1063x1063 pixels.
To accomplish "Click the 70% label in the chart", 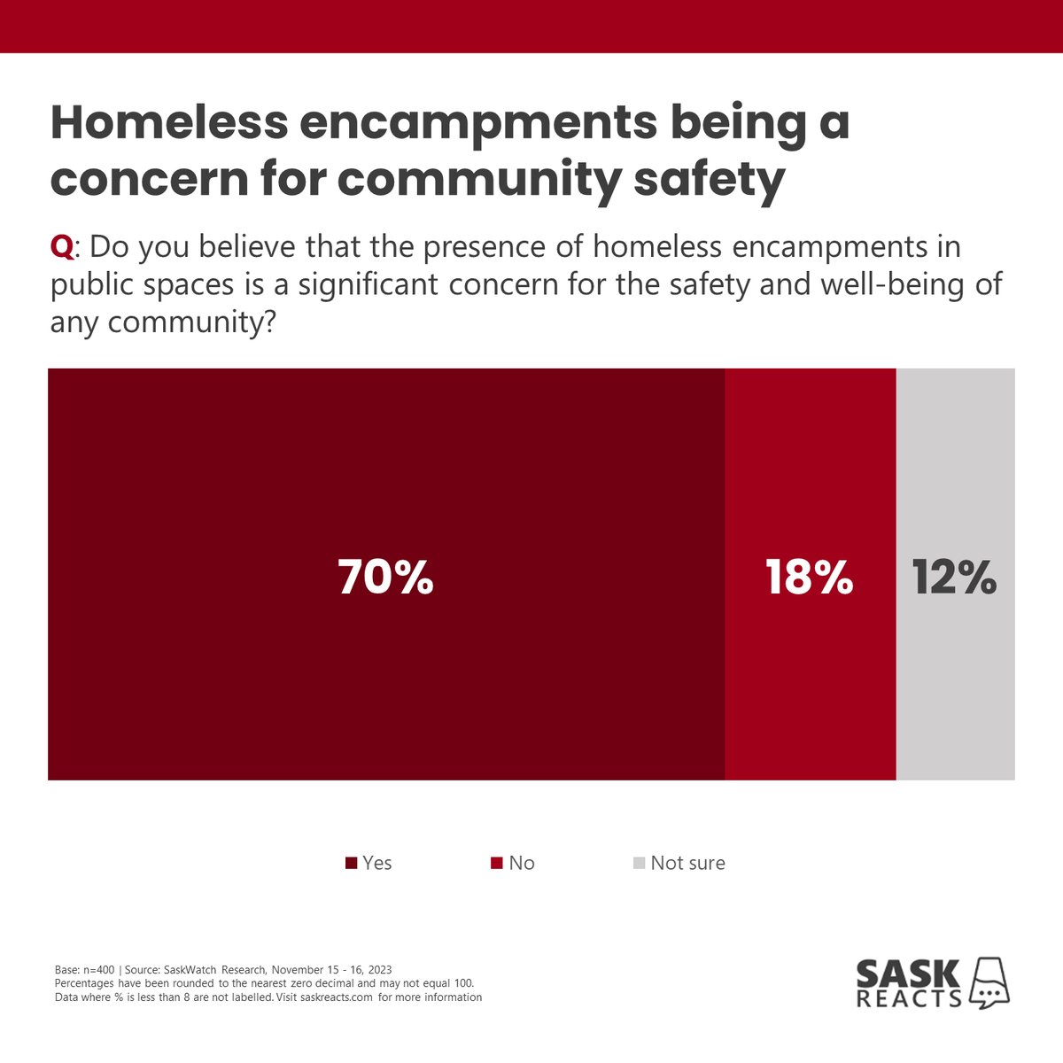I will click(385, 577).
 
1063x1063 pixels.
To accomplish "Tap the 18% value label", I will click(809, 577).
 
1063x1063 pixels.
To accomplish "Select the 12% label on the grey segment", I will click(954, 577).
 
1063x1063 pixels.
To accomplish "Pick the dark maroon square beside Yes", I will click(351, 863).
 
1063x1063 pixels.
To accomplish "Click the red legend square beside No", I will click(497, 863).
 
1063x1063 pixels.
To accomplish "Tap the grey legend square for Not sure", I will click(639, 863).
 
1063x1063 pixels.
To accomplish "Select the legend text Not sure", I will click(687, 863).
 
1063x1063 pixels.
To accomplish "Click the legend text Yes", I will click(377, 863).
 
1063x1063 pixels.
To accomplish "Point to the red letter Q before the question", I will click(62, 246).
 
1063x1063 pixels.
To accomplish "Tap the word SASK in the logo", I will click(908, 974).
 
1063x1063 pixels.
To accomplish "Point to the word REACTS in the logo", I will click(909, 998).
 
